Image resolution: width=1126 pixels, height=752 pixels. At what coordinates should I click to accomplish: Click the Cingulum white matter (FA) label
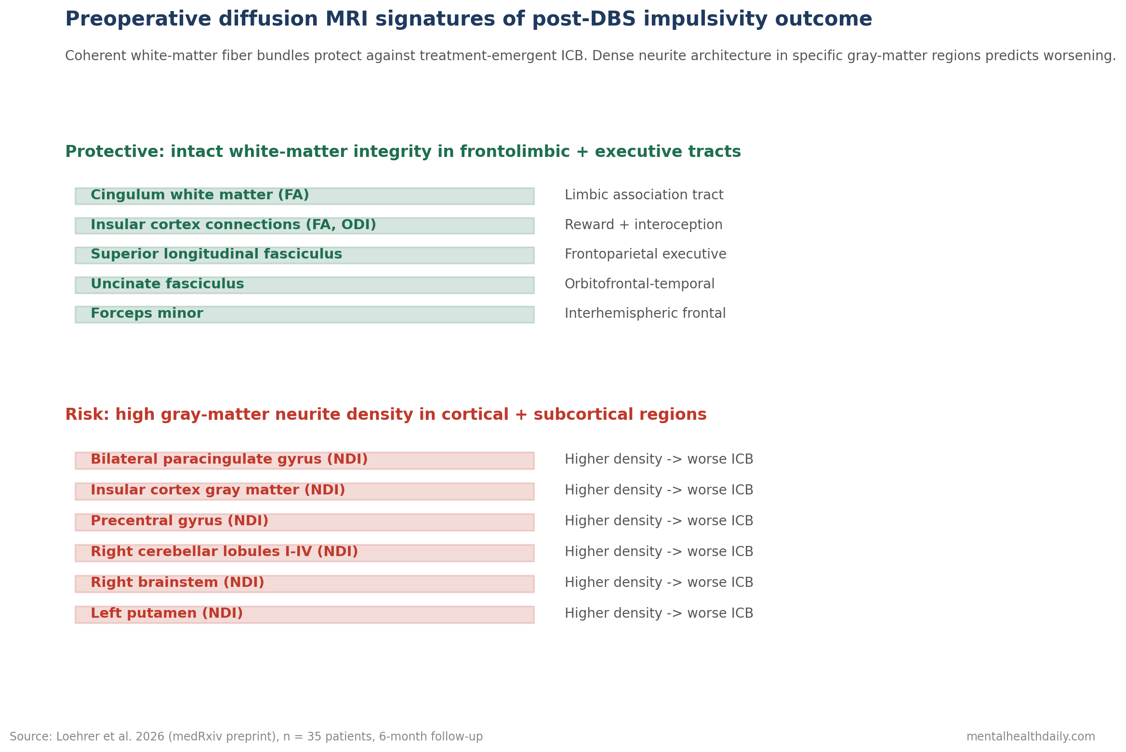tap(199, 195)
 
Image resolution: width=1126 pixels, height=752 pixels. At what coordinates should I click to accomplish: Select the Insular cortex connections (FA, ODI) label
tap(233, 225)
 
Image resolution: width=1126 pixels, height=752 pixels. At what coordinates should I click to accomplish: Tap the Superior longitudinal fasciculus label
tap(216, 255)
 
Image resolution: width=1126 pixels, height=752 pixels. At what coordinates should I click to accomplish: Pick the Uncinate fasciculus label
tap(167, 285)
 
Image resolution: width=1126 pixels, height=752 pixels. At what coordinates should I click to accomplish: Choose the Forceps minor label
tap(147, 314)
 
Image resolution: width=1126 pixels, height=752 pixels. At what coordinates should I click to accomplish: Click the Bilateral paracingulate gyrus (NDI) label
tap(229, 460)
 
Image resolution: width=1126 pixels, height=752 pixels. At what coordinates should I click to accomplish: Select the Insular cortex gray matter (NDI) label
tap(218, 491)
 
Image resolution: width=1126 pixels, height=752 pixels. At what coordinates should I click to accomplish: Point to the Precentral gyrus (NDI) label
tap(179, 521)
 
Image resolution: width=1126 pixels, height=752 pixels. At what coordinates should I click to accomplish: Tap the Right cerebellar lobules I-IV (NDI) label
tap(224, 552)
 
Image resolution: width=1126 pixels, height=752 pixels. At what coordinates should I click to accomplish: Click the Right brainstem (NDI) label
tap(177, 583)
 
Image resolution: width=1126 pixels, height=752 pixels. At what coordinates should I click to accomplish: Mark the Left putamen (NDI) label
tap(167, 614)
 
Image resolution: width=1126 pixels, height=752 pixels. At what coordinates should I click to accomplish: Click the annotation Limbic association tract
tap(644, 195)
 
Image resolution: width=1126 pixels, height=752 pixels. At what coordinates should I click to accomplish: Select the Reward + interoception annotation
tap(644, 225)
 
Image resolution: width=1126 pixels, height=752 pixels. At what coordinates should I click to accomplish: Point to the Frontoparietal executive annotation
tap(646, 255)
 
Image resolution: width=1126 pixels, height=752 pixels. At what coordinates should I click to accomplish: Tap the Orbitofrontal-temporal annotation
tap(640, 285)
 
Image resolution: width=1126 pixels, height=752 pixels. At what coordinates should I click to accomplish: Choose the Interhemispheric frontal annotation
tap(645, 314)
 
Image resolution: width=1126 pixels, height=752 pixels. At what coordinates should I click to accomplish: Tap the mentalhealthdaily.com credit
tap(1031, 737)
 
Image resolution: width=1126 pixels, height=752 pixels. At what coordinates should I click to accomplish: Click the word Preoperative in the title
tap(138, 20)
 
